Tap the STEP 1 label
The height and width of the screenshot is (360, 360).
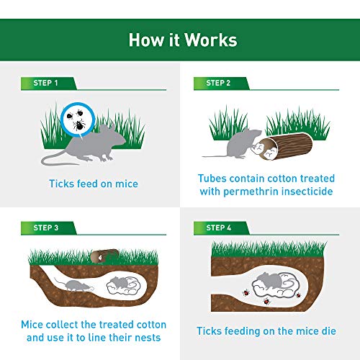click(x=45, y=84)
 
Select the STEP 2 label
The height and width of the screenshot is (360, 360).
click(x=217, y=84)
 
